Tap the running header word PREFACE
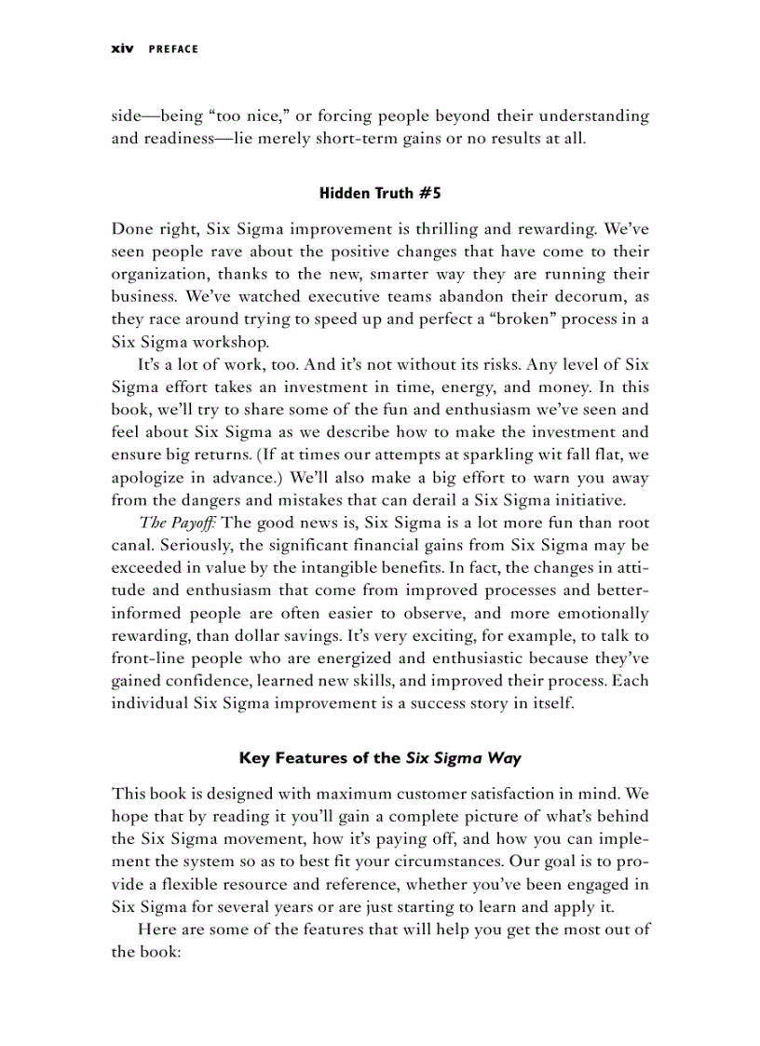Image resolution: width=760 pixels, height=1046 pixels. coord(171,49)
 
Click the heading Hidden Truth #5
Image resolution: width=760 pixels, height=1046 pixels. coord(379,194)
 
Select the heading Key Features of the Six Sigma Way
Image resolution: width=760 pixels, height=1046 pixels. coord(379,757)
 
